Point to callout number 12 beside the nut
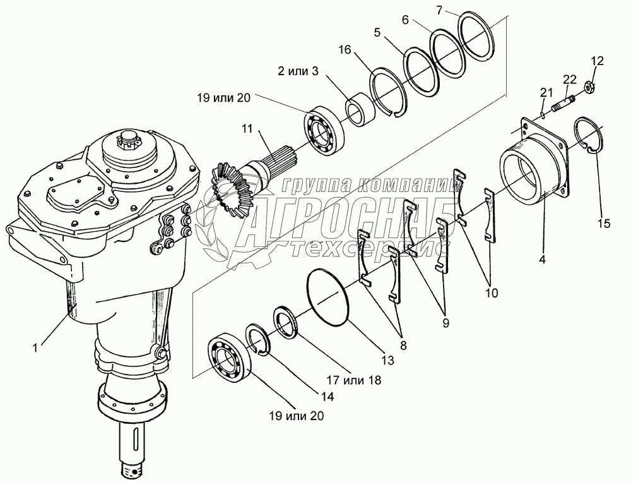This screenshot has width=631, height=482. pos(597,61)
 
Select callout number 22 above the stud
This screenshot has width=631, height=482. pos(570,79)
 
